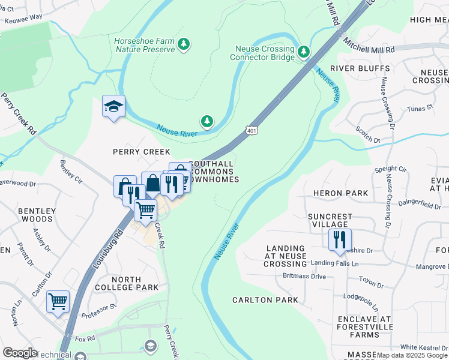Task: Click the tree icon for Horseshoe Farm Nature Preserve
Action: coord(184,44)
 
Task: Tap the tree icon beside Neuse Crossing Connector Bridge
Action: coord(304,53)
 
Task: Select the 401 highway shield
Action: coord(252,130)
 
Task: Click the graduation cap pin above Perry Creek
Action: coord(113,107)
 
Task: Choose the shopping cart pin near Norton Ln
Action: coord(58,302)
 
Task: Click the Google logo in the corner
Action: coord(20,353)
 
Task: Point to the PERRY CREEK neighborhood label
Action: coord(142,152)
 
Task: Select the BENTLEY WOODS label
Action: coord(37,215)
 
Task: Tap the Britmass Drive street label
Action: coord(304,277)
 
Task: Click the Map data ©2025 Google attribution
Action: coord(412,355)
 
